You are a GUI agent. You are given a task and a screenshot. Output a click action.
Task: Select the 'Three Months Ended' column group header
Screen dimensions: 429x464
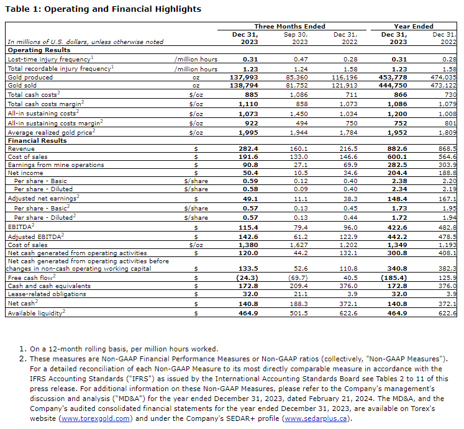(x=295, y=26)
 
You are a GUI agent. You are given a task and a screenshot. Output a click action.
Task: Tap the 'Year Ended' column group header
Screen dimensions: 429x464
(x=413, y=26)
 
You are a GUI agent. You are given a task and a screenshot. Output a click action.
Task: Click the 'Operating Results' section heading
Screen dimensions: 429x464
(x=39, y=50)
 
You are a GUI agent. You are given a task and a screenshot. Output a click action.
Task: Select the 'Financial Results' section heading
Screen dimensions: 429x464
(x=37, y=141)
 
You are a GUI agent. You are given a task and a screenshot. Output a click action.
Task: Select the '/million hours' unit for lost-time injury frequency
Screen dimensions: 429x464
(x=196, y=59)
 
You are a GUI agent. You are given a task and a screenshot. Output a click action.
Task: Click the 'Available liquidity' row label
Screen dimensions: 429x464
(x=34, y=313)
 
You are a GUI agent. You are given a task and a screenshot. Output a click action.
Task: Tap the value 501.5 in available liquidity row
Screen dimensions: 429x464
(x=299, y=313)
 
